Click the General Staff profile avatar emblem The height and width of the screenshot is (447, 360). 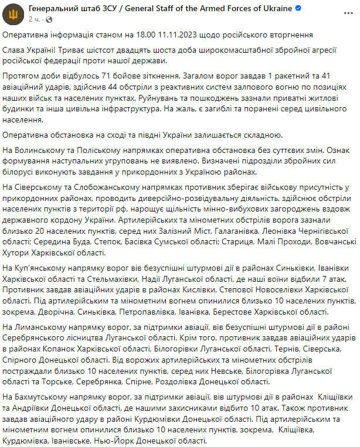(x=14, y=14)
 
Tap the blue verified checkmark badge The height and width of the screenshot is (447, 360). (x=298, y=9)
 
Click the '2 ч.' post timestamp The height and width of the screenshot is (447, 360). (x=34, y=19)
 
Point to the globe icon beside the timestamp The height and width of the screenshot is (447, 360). (x=46, y=19)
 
